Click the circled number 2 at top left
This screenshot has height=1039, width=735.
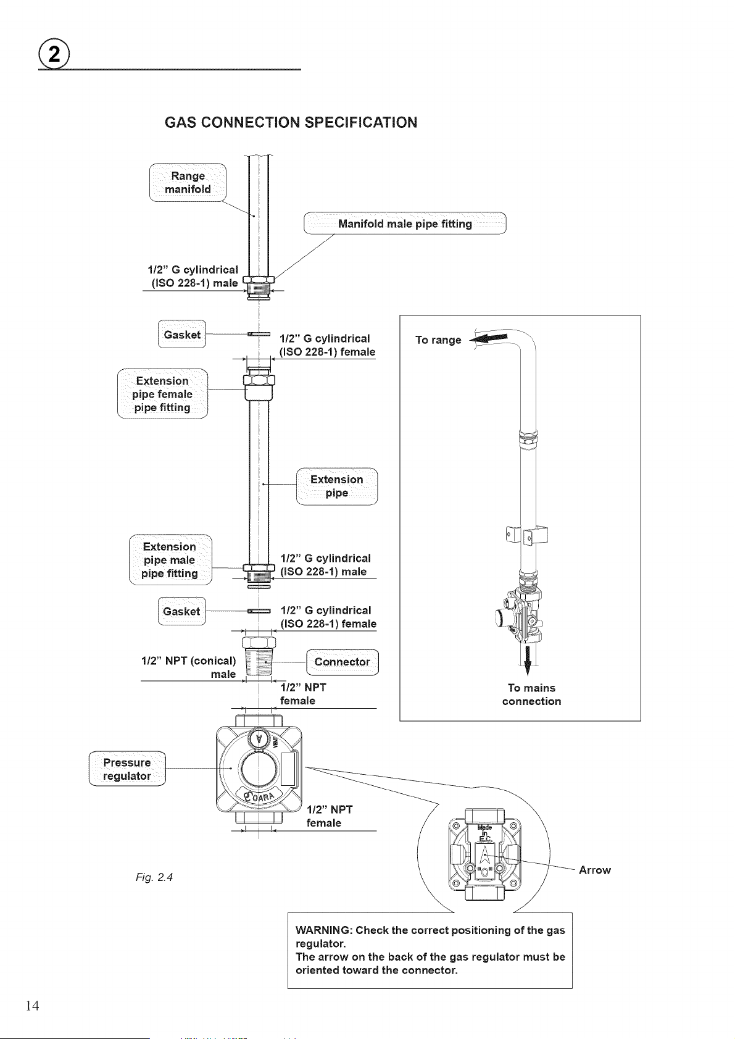(54, 55)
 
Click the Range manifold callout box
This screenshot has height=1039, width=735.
(188, 183)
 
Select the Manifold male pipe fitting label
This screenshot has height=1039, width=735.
(405, 223)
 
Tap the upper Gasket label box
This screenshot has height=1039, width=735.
(182, 334)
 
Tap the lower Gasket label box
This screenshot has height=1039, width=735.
(182, 611)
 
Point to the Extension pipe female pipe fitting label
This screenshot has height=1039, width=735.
(162, 394)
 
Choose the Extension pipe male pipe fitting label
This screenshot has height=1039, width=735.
(170, 560)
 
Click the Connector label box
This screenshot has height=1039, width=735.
(343, 662)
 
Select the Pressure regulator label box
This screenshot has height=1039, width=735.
(127, 769)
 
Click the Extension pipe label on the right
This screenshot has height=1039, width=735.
(337, 486)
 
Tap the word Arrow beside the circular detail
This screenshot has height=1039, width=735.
(594, 870)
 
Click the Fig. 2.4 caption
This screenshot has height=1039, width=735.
(154, 877)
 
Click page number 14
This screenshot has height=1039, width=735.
(33, 1006)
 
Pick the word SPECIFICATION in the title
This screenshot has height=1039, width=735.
(361, 122)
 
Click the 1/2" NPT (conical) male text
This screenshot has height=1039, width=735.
(189, 667)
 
